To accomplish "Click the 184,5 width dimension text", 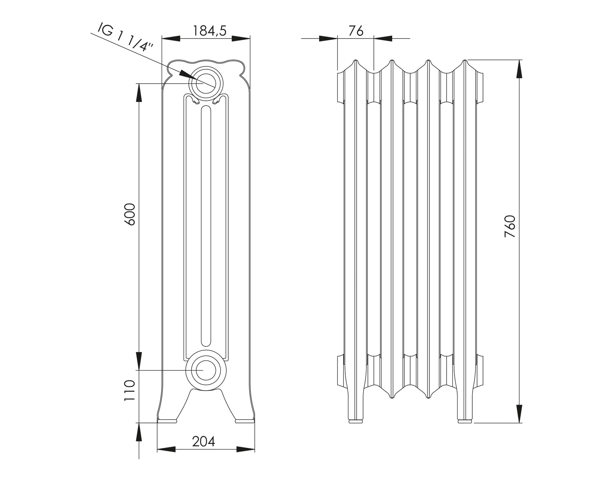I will (x=209, y=30).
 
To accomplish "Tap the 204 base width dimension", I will (x=204, y=441).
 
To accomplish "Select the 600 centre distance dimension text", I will (x=131, y=214).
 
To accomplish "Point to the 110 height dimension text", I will (x=131, y=390).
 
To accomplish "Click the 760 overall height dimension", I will (x=510, y=226).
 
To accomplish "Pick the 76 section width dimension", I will (x=356, y=31).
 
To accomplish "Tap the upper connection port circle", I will (x=206, y=83).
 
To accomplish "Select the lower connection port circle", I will (x=206, y=370).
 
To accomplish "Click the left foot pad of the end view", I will (x=167, y=421).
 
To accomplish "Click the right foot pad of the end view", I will (x=245, y=421).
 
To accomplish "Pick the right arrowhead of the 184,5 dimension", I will (x=241, y=38).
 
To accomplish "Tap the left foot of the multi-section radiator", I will (x=356, y=418).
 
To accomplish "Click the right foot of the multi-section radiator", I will (x=465, y=418).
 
